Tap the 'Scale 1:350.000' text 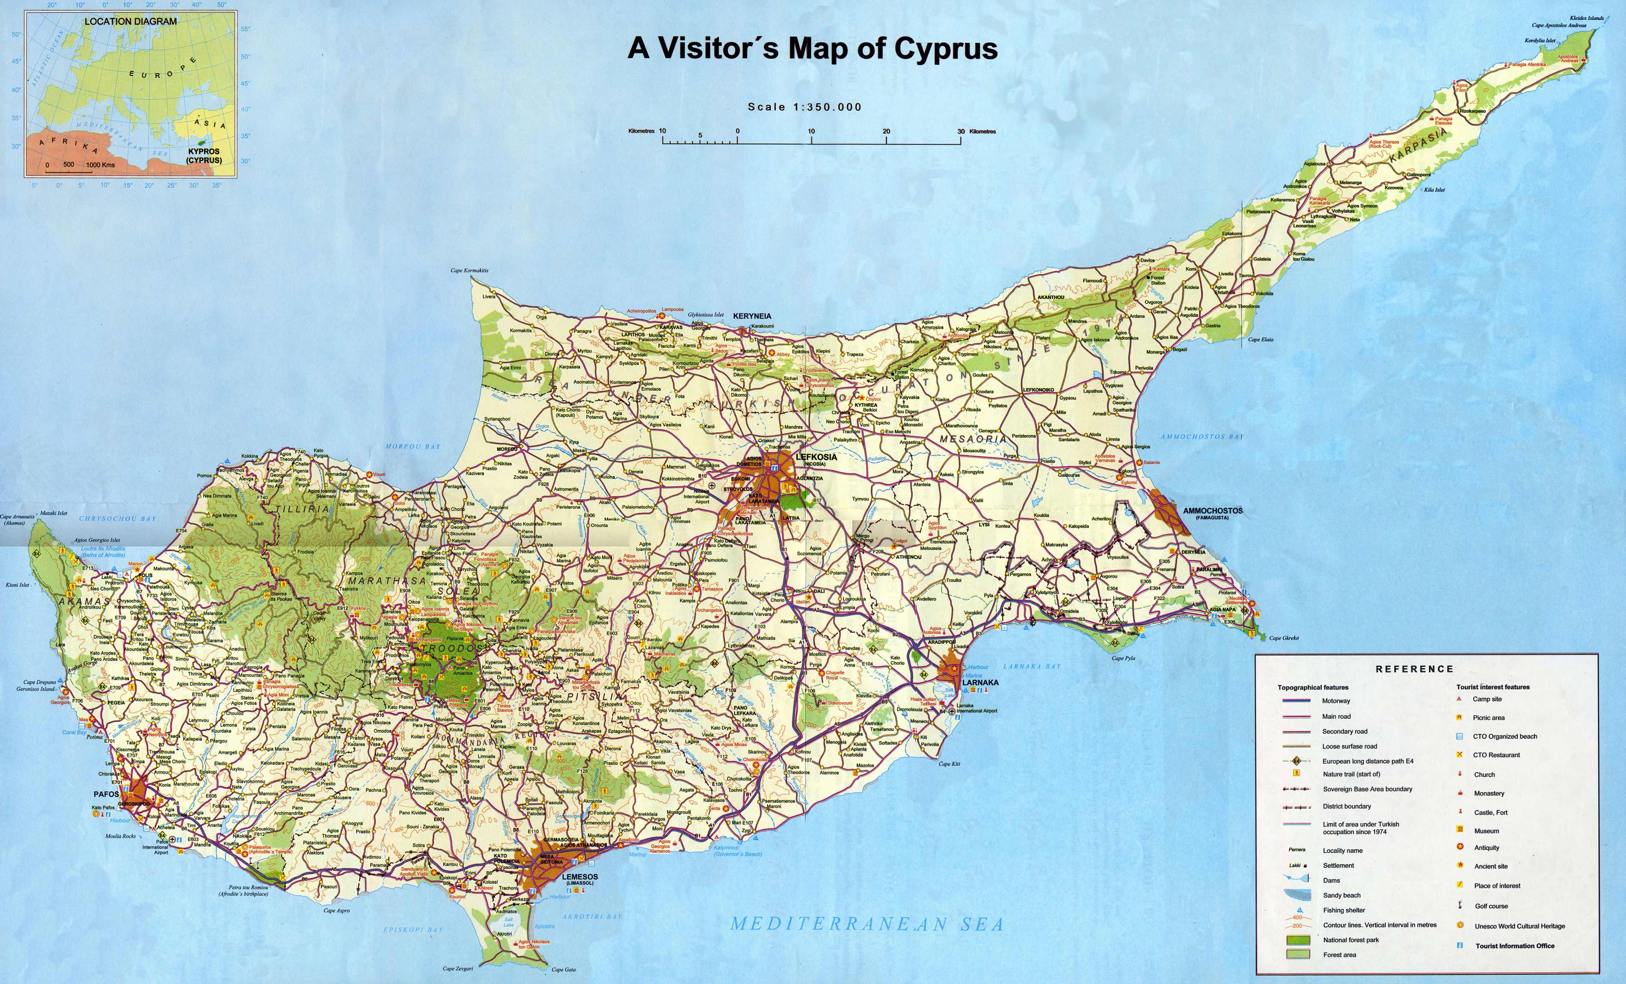coord(804,107)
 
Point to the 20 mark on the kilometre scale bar coord(886,131)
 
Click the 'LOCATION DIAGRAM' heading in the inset coord(130,21)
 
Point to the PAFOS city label coord(106,794)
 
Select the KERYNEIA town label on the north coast coord(752,316)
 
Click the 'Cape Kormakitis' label coord(469,270)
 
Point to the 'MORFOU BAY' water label coord(412,446)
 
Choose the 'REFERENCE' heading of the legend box coord(1414,669)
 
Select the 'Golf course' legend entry coord(1491,905)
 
